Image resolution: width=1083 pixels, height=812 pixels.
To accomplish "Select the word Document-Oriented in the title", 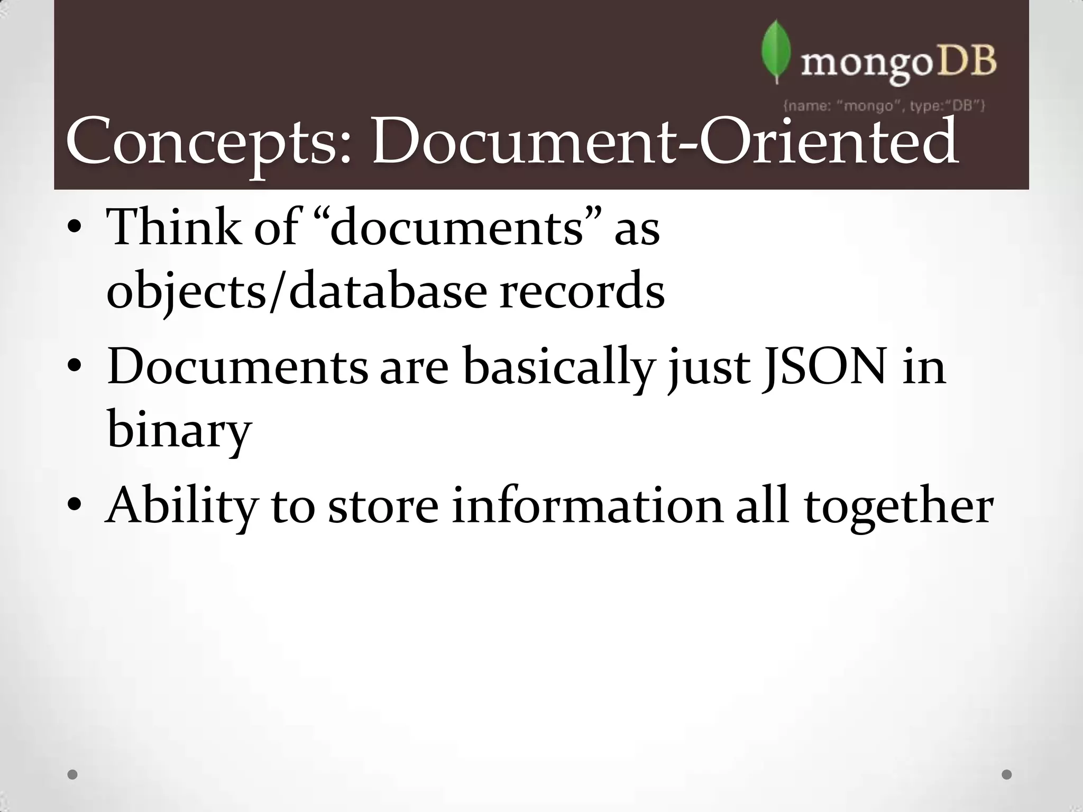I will (x=664, y=142).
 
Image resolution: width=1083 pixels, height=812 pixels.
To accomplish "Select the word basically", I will (x=558, y=367).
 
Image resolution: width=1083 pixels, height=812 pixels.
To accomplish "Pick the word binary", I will (x=179, y=429).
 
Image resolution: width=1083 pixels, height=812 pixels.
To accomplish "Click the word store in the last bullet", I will (x=383, y=506).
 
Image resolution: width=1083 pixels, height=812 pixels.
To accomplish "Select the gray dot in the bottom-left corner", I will (x=73, y=775).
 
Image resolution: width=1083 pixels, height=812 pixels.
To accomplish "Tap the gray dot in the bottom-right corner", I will (x=1007, y=775).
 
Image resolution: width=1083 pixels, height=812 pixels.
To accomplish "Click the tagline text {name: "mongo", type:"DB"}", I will (x=884, y=106).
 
